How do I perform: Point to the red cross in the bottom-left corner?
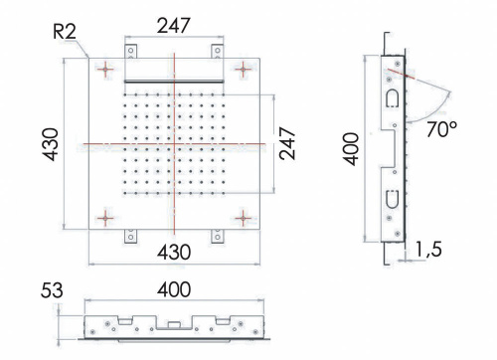coord(105,218)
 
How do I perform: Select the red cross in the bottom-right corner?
coord(242,218)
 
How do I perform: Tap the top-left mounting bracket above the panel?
coord(129,52)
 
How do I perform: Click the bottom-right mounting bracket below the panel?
coord(217,236)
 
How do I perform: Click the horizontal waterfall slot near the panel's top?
coord(173,81)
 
